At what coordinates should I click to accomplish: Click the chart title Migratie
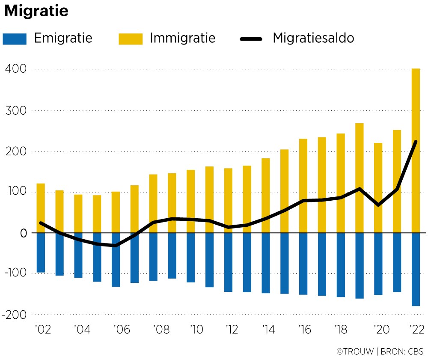point(36,12)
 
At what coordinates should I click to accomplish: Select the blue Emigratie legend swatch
point(15,39)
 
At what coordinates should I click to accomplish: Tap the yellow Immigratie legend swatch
point(131,39)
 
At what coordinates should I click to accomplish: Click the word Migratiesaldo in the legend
point(313,38)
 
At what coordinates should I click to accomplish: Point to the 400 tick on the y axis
point(16,69)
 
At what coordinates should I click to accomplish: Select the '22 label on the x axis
point(416,330)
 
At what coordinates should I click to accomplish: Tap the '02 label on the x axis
point(41,330)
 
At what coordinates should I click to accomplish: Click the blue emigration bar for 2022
point(416,270)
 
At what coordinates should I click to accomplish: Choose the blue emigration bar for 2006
point(116,260)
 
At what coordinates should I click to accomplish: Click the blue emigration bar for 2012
point(228,262)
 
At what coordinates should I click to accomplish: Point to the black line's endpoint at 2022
point(416,142)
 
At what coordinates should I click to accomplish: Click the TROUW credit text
point(356,352)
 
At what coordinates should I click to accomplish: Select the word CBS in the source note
point(415,352)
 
